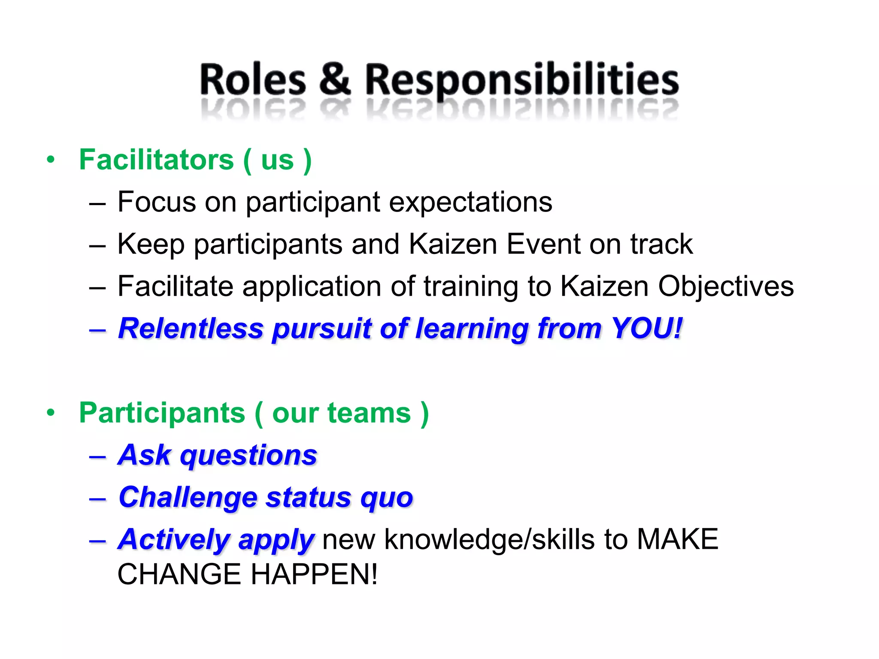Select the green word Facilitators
pyautogui.click(x=157, y=160)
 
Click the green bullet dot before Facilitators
pyautogui.click(x=51, y=160)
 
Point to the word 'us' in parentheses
pyautogui.click(x=277, y=160)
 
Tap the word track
pyautogui.click(x=661, y=244)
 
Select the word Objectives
pyautogui.click(x=726, y=286)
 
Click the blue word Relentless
pyautogui.click(x=191, y=329)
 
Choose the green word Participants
pyautogui.click(x=162, y=413)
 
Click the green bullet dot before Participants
pyautogui.click(x=51, y=413)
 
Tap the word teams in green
pyautogui.click(x=369, y=413)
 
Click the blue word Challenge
pyautogui.click(x=188, y=498)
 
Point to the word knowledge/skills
pyautogui.click(x=489, y=540)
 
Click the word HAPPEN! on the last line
pyautogui.click(x=314, y=574)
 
